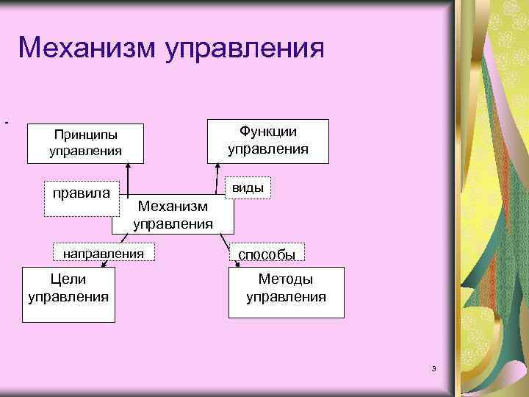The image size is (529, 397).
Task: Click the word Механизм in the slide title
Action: tap(87, 49)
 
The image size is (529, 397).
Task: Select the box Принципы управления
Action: tap(84, 143)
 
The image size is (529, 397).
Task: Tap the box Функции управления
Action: tap(267, 140)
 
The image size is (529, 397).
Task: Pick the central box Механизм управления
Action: tap(173, 214)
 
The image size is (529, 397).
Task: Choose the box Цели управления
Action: tap(68, 294)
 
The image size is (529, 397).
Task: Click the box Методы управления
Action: tap(286, 292)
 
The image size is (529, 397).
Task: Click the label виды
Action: tap(248, 187)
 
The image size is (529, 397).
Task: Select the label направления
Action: tap(104, 253)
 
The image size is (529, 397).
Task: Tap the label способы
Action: tap(266, 254)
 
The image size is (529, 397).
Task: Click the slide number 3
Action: tap(434, 368)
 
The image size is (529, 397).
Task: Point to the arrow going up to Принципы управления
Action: tap(128, 180)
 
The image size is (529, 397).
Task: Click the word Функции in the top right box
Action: tap(267, 132)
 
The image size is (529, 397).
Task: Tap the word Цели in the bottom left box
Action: tap(68, 279)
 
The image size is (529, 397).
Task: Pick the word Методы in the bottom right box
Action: tap(286, 279)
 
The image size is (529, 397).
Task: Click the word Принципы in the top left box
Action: tap(85, 135)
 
